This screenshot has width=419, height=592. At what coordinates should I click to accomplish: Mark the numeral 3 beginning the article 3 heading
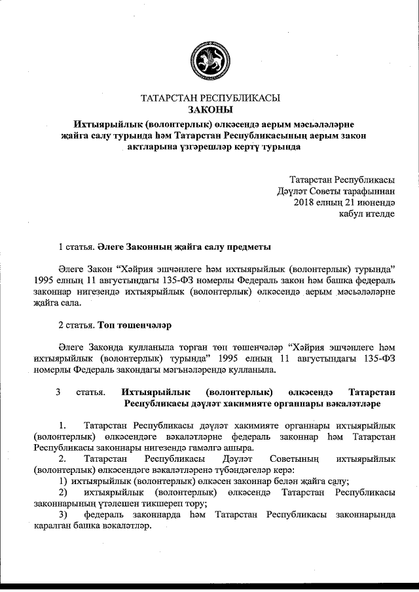tap(58, 392)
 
